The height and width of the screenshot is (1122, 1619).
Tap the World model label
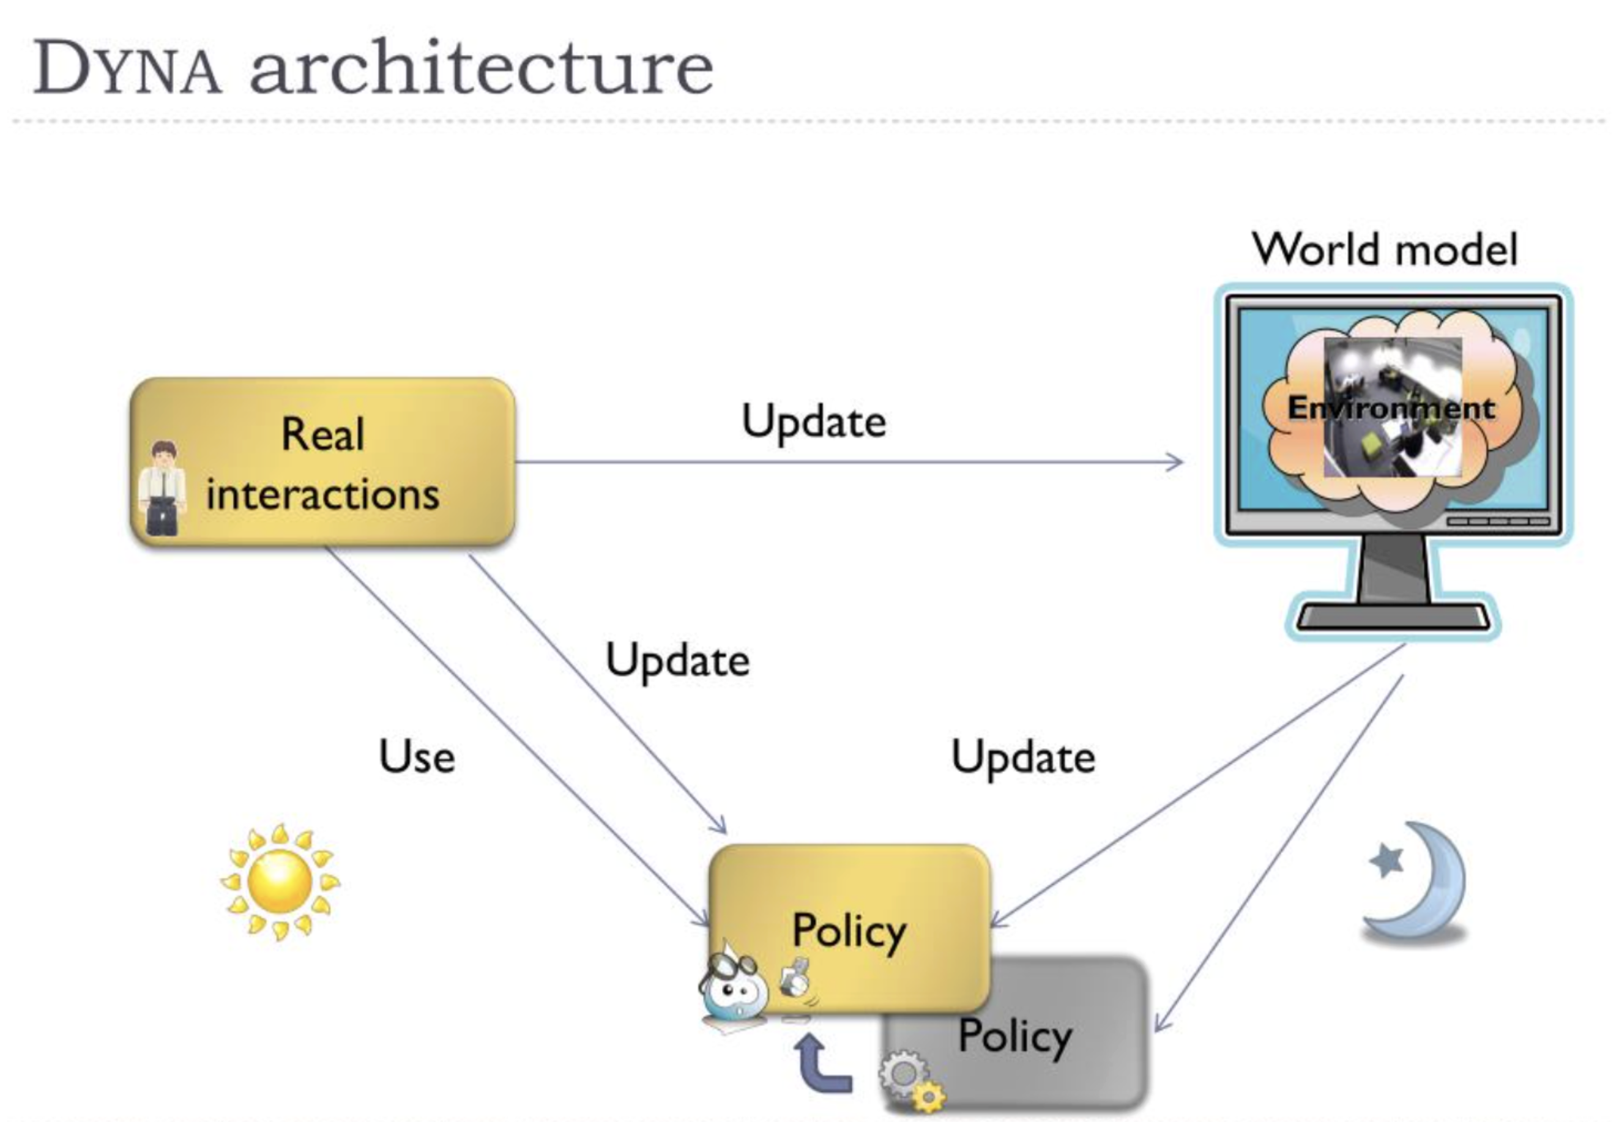(1384, 250)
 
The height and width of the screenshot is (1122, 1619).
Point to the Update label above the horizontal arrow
(814, 422)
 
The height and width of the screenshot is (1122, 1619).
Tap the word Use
(417, 757)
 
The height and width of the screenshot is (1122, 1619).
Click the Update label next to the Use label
(678, 661)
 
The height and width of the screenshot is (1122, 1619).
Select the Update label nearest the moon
(1023, 758)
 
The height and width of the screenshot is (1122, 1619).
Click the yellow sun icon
(280, 881)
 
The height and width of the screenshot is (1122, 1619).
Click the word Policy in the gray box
(1015, 1036)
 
